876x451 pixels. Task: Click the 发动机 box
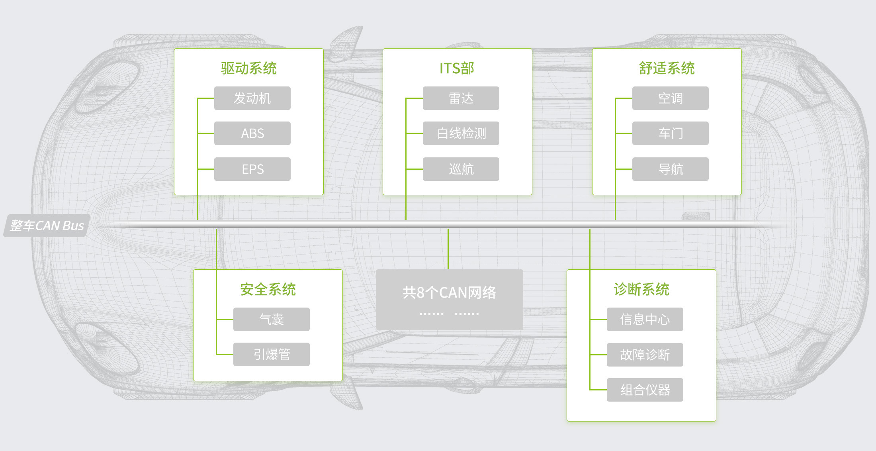click(x=252, y=98)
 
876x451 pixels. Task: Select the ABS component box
click(x=252, y=133)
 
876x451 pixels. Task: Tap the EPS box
click(x=252, y=169)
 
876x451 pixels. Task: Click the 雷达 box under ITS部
click(x=461, y=98)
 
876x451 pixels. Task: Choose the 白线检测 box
click(x=461, y=133)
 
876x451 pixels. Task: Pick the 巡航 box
click(x=461, y=169)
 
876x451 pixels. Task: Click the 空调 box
click(x=670, y=98)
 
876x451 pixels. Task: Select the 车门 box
click(x=670, y=133)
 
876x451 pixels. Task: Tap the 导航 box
click(x=670, y=169)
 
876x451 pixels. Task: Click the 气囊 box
click(x=271, y=319)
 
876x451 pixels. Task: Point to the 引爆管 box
click(x=271, y=354)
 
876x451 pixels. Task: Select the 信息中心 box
click(x=645, y=319)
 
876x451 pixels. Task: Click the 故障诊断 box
click(x=645, y=355)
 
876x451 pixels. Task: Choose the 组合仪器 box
click(x=645, y=390)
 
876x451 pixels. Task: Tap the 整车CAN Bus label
click(x=47, y=225)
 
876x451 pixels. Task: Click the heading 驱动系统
click(x=248, y=68)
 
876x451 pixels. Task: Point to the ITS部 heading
click(x=457, y=68)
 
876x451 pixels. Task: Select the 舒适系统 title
click(x=667, y=68)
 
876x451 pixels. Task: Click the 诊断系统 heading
click(x=641, y=289)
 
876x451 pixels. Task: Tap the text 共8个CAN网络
click(x=449, y=292)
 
